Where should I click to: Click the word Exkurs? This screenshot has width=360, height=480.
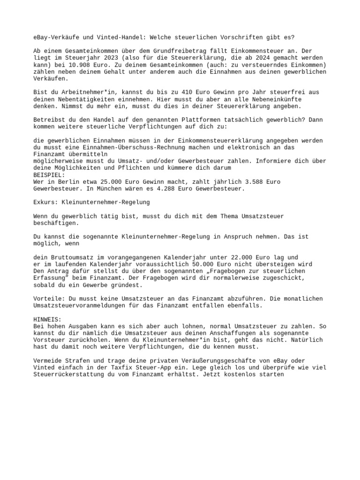(46, 202)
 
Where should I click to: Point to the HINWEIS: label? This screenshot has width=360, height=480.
(47, 319)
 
